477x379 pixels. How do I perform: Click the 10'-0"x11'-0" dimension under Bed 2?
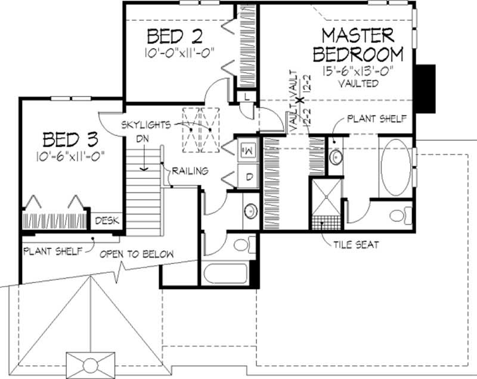coord(179,52)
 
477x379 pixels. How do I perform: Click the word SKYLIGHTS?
coord(145,125)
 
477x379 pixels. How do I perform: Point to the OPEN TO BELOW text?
coord(137,254)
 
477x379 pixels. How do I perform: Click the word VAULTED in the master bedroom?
coord(358,84)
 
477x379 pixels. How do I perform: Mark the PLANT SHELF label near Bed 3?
coord(51,251)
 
